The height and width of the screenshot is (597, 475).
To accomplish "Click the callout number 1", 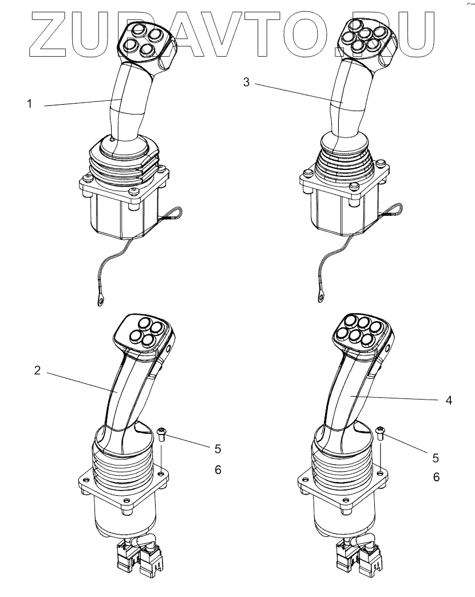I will [x=29, y=105].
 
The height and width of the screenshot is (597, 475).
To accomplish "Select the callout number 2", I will [x=37, y=370].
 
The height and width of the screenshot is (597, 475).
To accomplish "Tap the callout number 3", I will [x=246, y=82].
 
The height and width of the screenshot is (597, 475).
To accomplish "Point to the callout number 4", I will [x=449, y=401].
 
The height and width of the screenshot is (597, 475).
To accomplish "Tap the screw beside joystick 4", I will [x=381, y=432].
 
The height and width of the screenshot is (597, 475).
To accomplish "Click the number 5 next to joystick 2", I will [x=217, y=448].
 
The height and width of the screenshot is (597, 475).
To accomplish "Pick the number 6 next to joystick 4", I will [x=436, y=477].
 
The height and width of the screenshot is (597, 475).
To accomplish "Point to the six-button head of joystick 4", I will [x=360, y=332].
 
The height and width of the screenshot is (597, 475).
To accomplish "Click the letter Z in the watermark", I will [x=49, y=34].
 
